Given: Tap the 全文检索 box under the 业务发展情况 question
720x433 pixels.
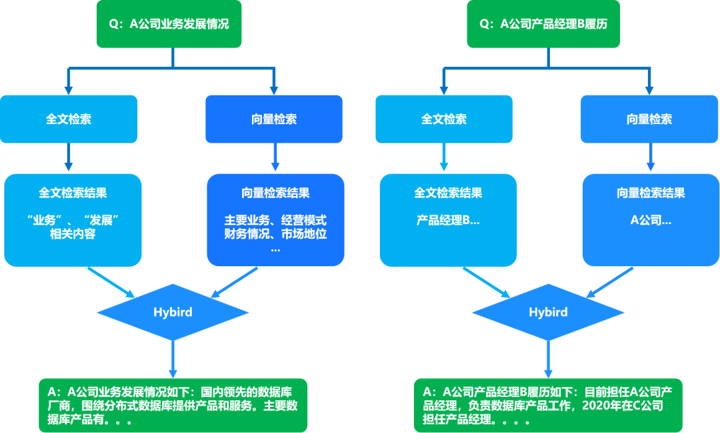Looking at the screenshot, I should (x=69, y=119).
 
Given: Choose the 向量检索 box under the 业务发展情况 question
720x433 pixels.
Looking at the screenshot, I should (x=274, y=119).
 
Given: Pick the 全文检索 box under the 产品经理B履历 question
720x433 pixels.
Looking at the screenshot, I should (x=444, y=119).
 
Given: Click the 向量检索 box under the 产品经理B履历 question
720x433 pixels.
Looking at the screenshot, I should (x=649, y=119).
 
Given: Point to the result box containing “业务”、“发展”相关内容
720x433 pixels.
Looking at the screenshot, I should (x=73, y=220).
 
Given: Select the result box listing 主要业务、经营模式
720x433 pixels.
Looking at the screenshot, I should (x=275, y=220).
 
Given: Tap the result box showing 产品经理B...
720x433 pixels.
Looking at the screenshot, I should (x=448, y=220).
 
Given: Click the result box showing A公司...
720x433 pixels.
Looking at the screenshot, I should (x=651, y=220).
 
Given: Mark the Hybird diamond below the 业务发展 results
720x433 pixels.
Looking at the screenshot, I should (x=173, y=312).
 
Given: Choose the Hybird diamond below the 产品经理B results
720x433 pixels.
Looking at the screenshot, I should (x=548, y=312).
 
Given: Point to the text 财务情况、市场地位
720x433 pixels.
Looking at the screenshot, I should (x=275, y=234).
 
